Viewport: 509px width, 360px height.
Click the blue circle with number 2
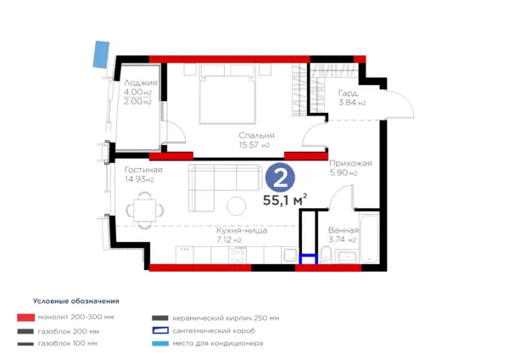pyautogui.click(x=280, y=177)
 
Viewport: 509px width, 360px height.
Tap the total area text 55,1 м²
pyautogui.click(x=285, y=200)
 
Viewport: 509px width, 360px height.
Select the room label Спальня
pyautogui.click(x=256, y=136)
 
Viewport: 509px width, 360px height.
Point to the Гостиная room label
pyautogui.click(x=143, y=170)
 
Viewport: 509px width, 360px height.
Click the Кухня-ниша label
pyautogui.click(x=242, y=231)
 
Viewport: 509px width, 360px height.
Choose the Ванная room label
pyautogui.click(x=344, y=230)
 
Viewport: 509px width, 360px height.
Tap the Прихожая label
pyautogui.click(x=350, y=163)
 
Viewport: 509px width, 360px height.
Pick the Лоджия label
pyautogui.click(x=141, y=83)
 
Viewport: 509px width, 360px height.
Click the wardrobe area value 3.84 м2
pyautogui.click(x=352, y=103)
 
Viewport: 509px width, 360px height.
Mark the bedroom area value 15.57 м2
pyautogui.click(x=255, y=145)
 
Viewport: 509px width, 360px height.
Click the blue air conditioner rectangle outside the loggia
pyautogui.click(x=101, y=54)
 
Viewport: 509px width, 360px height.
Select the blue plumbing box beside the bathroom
pyautogui.click(x=308, y=259)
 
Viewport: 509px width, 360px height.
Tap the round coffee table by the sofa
pyautogui.click(x=237, y=206)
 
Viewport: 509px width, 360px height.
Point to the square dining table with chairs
pyautogui.click(x=145, y=211)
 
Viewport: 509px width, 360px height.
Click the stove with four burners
pyautogui.click(x=238, y=256)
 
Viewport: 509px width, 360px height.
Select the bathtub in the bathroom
pyautogui.click(x=369, y=237)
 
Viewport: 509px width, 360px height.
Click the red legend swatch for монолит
pyautogui.click(x=26, y=318)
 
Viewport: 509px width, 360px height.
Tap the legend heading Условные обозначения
pyautogui.click(x=76, y=301)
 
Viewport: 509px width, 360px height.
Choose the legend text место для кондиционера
pyautogui.click(x=218, y=343)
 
